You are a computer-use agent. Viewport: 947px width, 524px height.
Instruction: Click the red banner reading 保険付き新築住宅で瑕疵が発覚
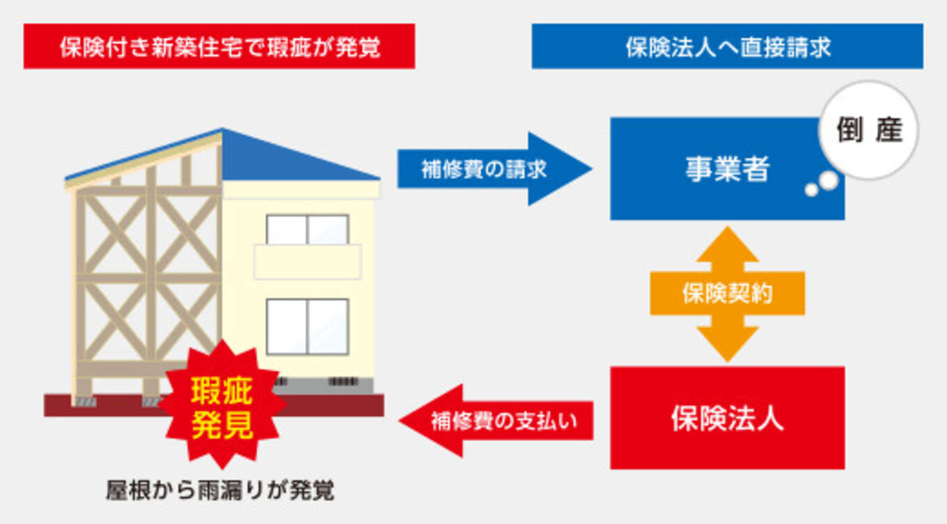(219, 46)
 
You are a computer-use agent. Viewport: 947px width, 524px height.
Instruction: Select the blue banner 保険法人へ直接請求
(727, 46)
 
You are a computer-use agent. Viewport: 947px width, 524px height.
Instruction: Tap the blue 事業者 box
(727, 168)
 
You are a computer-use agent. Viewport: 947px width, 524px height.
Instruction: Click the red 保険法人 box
(727, 418)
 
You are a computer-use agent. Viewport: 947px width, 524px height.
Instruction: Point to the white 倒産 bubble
(869, 130)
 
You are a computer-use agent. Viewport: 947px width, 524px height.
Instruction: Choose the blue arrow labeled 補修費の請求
(494, 168)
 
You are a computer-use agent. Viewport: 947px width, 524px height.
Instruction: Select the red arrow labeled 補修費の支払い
(496, 421)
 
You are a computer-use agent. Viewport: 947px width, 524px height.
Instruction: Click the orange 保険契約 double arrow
(727, 294)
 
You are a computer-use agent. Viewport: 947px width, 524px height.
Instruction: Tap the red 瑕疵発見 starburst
(222, 404)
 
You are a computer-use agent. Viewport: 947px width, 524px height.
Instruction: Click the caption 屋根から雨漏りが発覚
(220, 491)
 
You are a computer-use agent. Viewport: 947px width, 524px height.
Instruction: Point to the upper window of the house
(307, 230)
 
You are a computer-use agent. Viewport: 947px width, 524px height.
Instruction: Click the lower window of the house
(307, 326)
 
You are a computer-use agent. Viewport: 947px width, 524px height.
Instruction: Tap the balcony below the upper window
(307, 262)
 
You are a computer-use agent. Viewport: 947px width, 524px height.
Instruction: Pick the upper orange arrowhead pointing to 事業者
(727, 244)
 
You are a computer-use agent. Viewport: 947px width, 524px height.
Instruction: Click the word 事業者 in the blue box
(727, 169)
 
